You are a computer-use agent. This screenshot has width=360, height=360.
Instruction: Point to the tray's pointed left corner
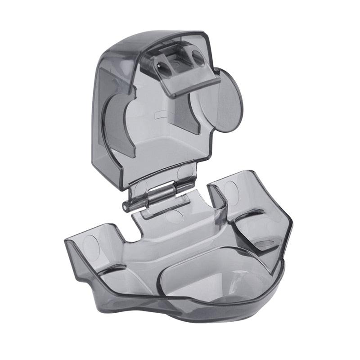(67, 241)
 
